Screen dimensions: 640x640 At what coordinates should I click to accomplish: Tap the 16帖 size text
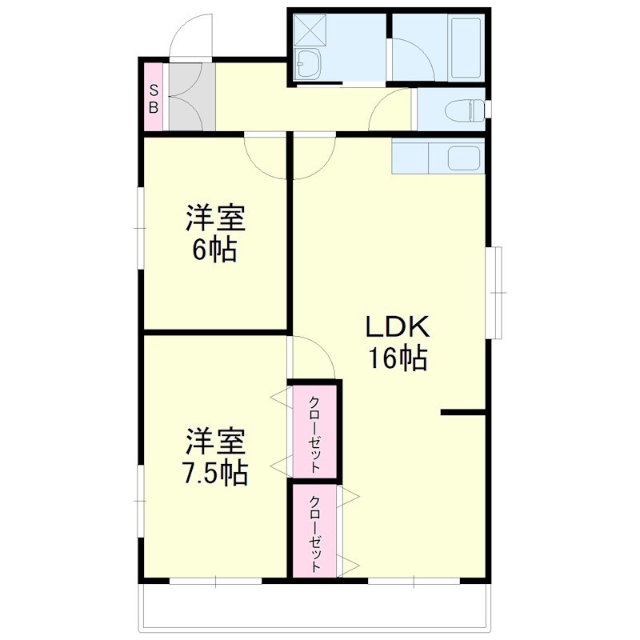(398, 359)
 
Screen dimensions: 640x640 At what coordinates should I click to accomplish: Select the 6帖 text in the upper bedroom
(214, 250)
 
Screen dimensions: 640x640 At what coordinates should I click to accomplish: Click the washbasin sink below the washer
(308, 62)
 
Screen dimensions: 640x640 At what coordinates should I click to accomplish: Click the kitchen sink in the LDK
(464, 158)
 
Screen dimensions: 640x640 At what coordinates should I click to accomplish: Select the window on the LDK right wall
(496, 293)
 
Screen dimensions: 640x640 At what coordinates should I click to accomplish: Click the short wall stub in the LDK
(463, 413)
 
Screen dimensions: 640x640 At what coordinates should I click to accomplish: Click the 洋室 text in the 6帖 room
(214, 218)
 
